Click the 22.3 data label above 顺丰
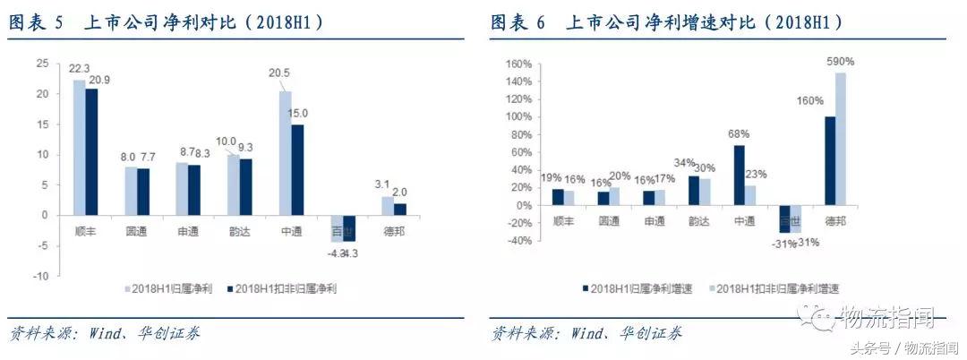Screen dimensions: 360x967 (x=82, y=69)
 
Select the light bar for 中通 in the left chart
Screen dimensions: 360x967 (x=286, y=152)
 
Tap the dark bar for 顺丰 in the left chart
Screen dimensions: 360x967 (x=91, y=151)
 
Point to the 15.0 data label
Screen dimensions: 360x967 (x=298, y=114)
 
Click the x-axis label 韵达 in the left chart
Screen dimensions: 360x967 (x=240, y=229)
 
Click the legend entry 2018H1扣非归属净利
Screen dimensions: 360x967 (x=287, y=288)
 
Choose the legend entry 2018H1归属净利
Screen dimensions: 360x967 (x=170, y=288)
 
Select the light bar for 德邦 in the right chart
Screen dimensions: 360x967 (x=841, y=139)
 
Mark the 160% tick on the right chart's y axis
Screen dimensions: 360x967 (x=519, y=64)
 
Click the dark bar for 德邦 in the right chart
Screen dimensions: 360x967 (x=828, y=161)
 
